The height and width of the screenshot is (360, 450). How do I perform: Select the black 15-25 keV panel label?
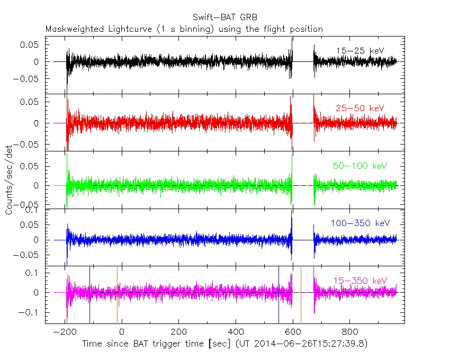pyautogui.click(x=359, y=51)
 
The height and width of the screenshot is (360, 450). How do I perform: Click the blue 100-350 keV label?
pyautogui.click(x=357, y=223)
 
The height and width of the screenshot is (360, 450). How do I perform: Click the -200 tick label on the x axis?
pyautogui.click(x=65, y=333)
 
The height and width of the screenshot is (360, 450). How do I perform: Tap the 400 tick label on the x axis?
pyautogui.click(x=236, y=333)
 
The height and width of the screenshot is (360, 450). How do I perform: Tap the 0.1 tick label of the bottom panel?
pyautogui.click(x=34, y=273)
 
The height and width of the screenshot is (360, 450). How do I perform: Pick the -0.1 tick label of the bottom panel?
pyautogui.click(x=32, y=313)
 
